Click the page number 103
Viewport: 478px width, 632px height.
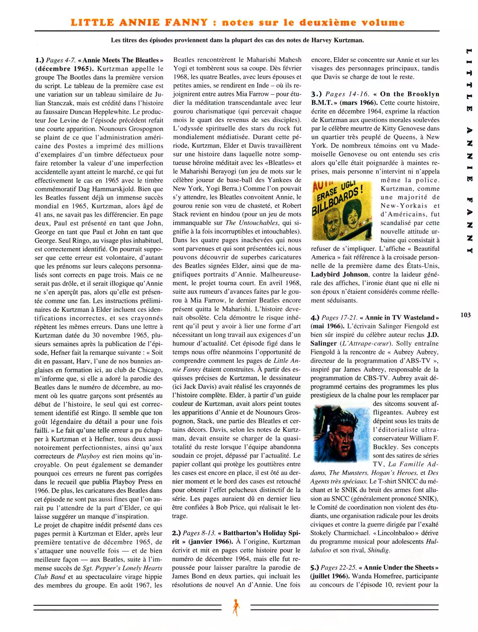(x=465, y=315)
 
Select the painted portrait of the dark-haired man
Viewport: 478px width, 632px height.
(x=341, y=433)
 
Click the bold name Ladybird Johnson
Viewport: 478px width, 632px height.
(x=339, y=274)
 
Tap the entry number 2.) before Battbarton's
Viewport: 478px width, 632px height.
(x=177, y=533)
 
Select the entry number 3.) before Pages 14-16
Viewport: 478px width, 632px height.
(x=317, y=94)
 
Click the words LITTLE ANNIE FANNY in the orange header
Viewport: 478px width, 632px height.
(x=139, y=22)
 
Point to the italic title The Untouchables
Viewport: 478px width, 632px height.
(x=252, y=223)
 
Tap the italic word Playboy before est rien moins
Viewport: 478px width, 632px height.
(x=88, y=456)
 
